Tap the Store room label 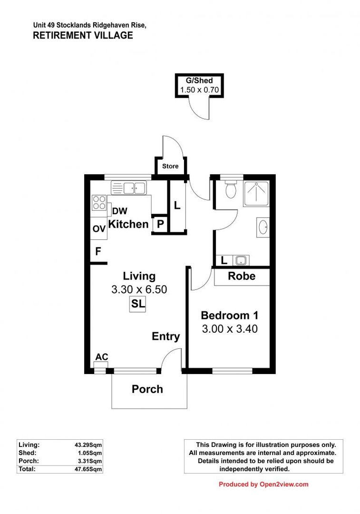[x=170, y=166]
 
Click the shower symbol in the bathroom [x=256, y=194]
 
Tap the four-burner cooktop [x=99, y=203]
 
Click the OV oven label [x=99, y=229]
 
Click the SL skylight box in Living [x=138, y=304]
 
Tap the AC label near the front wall [x=101, y=357]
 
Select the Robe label [x=242, y=276]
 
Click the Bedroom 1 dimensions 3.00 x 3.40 [x=230, y=328]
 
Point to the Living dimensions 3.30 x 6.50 [x=139, y=289]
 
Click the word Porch [x=147, y=389]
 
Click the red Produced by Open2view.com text [x=263, y=484]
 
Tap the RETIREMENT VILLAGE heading [x=83, y=35]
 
